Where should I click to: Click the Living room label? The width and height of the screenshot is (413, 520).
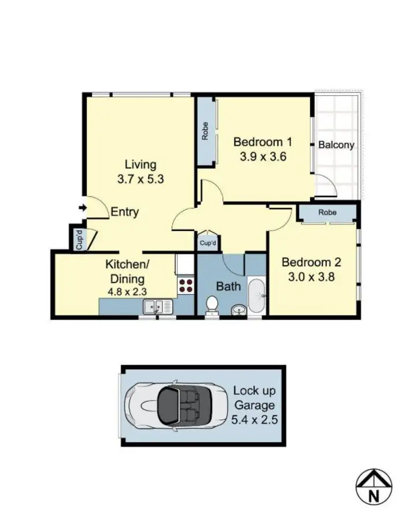pyautogui.click(x=140, y=165)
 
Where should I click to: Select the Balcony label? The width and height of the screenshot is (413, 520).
pyautogui.click(x=336, y=145)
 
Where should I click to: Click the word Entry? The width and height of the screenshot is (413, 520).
pyautogui.click(x=125, y=212)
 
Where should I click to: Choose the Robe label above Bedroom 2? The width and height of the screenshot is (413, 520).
pyautogui.click(x=326, y=213)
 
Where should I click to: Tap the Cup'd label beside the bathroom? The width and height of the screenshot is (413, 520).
pyautogui.click(x=207, y=243)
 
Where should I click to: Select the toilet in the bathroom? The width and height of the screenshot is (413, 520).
pyautogui.click(x=212, y=303)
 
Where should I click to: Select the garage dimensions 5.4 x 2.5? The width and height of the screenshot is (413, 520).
pyautogui.click(x=254, y=419)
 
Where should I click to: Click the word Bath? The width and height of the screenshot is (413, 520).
pyautogui.click(x=228, y=286)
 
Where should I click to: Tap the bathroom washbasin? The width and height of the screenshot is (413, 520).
pyautogui.click(x=238, y=311)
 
